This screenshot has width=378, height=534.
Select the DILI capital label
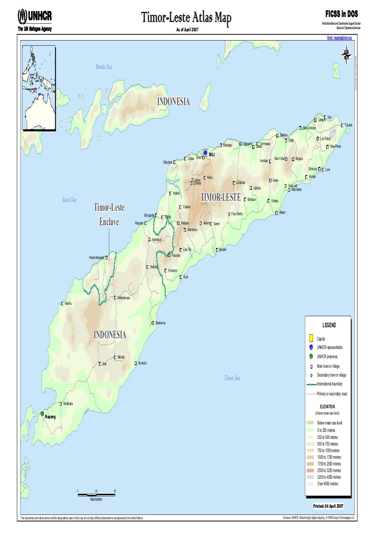coord(212,154)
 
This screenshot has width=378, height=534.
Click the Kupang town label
coord(50,417)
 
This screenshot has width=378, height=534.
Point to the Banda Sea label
coord(103,67)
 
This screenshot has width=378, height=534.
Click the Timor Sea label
coord(232,378)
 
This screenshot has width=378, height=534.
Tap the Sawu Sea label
coord(69,200)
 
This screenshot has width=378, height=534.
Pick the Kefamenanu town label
coord(124,298)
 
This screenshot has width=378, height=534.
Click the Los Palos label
coord(325,139)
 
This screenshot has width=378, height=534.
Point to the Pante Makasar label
coord(97,258)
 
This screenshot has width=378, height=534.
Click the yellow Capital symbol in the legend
coord(311,338)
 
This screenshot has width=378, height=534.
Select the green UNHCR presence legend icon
coord(311,356)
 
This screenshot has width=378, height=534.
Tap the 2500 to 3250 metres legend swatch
coord(310,471)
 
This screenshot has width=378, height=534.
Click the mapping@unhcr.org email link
coord(339,38)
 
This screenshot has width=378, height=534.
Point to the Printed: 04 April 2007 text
coord(328,506)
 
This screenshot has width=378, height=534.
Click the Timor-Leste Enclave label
coord(109,215)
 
